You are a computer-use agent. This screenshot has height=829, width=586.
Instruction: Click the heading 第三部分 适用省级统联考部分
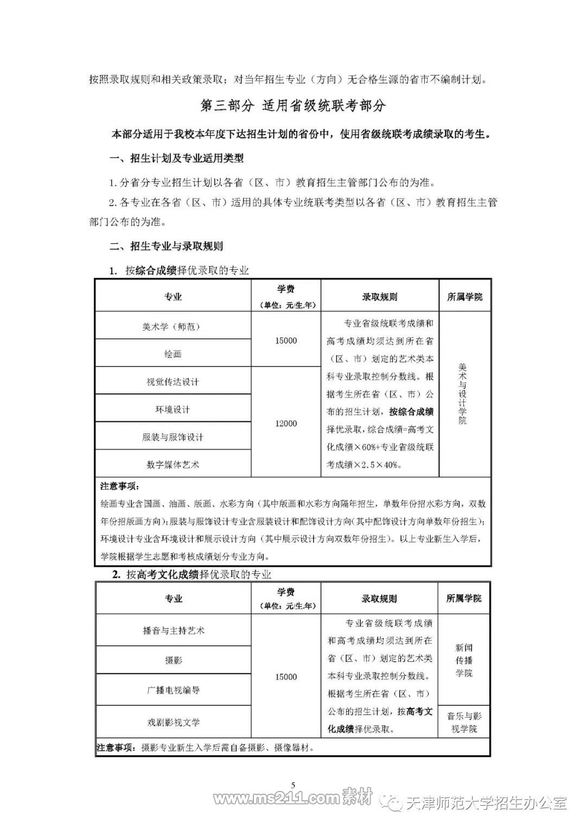(x=293, y=105)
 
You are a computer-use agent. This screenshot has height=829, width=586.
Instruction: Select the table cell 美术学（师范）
(x=172, y=326)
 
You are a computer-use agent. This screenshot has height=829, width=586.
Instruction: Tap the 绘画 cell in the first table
(x=173, y=354)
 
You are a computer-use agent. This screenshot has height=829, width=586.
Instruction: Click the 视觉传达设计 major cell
(x=173, y=382)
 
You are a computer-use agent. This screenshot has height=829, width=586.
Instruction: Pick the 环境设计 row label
(x=173, y=409)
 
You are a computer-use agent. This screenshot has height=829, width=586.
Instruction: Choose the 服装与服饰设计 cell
(x=173, y=437)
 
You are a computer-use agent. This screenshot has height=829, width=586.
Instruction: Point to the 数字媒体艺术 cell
(x=173, y=464)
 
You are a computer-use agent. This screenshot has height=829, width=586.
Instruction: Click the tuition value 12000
(x=286, y=423)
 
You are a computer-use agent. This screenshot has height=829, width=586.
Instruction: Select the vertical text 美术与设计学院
(x=462, y=394)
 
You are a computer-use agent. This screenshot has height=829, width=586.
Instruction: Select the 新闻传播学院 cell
(x=464, y=660)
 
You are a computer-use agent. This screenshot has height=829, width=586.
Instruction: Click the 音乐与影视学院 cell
(x=464, y=722)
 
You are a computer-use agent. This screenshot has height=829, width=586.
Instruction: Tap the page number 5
(x=293, y=784)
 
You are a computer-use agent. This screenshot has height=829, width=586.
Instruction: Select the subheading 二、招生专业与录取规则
(x=166, y=246)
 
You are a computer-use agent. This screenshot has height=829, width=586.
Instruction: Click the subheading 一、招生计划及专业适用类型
(x=176, y=159)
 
